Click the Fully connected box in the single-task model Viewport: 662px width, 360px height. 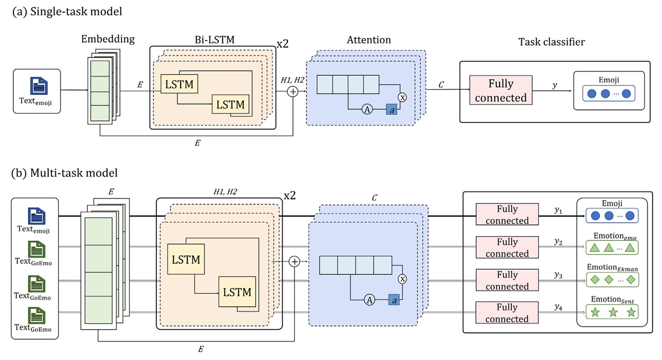coord(501,91)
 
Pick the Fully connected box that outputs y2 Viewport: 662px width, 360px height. coord(507,248)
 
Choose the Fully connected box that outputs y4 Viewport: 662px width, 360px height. coord(507,313)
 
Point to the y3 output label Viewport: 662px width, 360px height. coord(558,275)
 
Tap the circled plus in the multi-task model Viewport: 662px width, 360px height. coord(294,261)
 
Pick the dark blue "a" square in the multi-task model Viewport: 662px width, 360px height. coord(394,301)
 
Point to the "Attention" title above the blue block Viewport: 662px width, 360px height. coord(369,40)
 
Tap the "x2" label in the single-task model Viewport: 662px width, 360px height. coord(282,44)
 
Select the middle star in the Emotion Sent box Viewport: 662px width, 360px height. coord(613,312)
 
